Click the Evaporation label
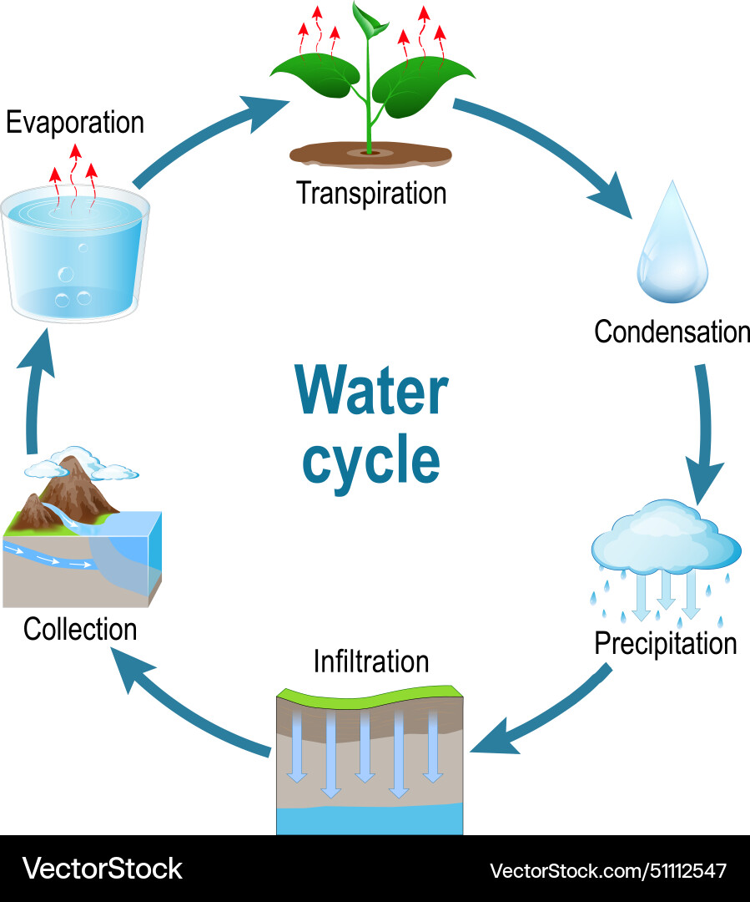point(75,123)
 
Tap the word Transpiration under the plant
point(371,193)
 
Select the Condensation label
point(672,332)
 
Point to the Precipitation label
point(665,643)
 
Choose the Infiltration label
point(371,661)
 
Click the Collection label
point(80,628)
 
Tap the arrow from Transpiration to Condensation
point(542,155)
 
